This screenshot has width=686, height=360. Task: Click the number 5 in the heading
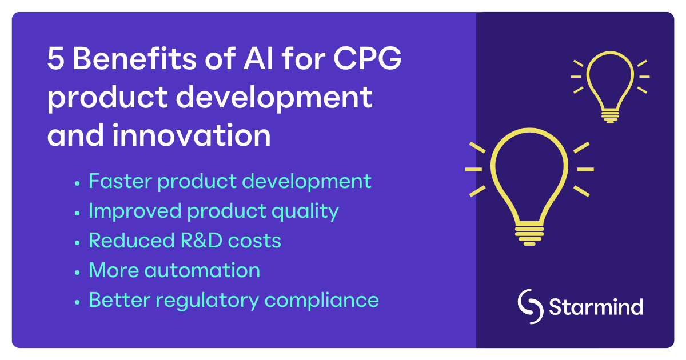pos(55,59)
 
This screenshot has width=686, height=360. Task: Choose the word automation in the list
pos(204,270)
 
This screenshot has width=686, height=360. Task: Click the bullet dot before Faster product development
pos(77,183)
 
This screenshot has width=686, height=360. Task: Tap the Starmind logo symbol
pos(530,307)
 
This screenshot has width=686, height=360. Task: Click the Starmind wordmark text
pos(596,307)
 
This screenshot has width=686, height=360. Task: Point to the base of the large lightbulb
pos(529,234)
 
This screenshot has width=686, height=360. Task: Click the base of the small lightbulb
pos(610,115)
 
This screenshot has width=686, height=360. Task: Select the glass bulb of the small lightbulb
pos(610,77)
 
